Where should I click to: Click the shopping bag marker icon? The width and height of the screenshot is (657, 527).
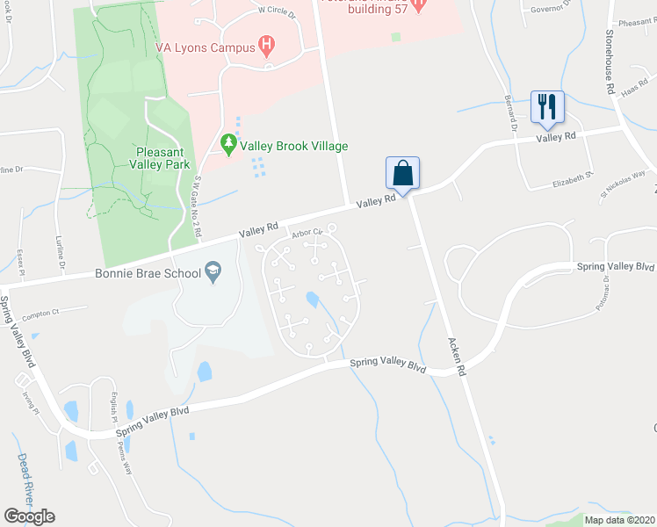pyautogui.click(x=402, y=171)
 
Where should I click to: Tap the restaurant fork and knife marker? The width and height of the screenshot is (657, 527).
pyautogui.click(x=547, y=107)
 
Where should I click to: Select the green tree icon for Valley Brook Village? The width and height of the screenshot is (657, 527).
pyautogui.click(x=229, y=144)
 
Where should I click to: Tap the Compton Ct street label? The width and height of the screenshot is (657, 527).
pyautogui.click(x=40, y=313)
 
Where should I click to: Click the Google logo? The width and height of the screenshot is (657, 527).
pyautogui.click(x=29, y=516)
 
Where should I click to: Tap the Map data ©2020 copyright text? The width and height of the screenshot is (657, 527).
pyautogui.click(x=620, y=520)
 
